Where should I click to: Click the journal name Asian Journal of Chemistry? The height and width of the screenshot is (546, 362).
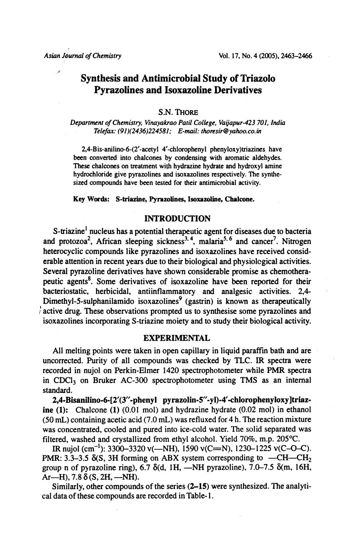click(x=83, y=56)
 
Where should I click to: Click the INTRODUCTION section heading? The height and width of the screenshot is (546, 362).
click(x=177, y=219)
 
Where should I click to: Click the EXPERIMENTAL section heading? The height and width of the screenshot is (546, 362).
click(x=177, y=338)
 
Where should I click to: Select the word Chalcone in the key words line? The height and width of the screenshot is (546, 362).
click(x=239, y=199)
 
